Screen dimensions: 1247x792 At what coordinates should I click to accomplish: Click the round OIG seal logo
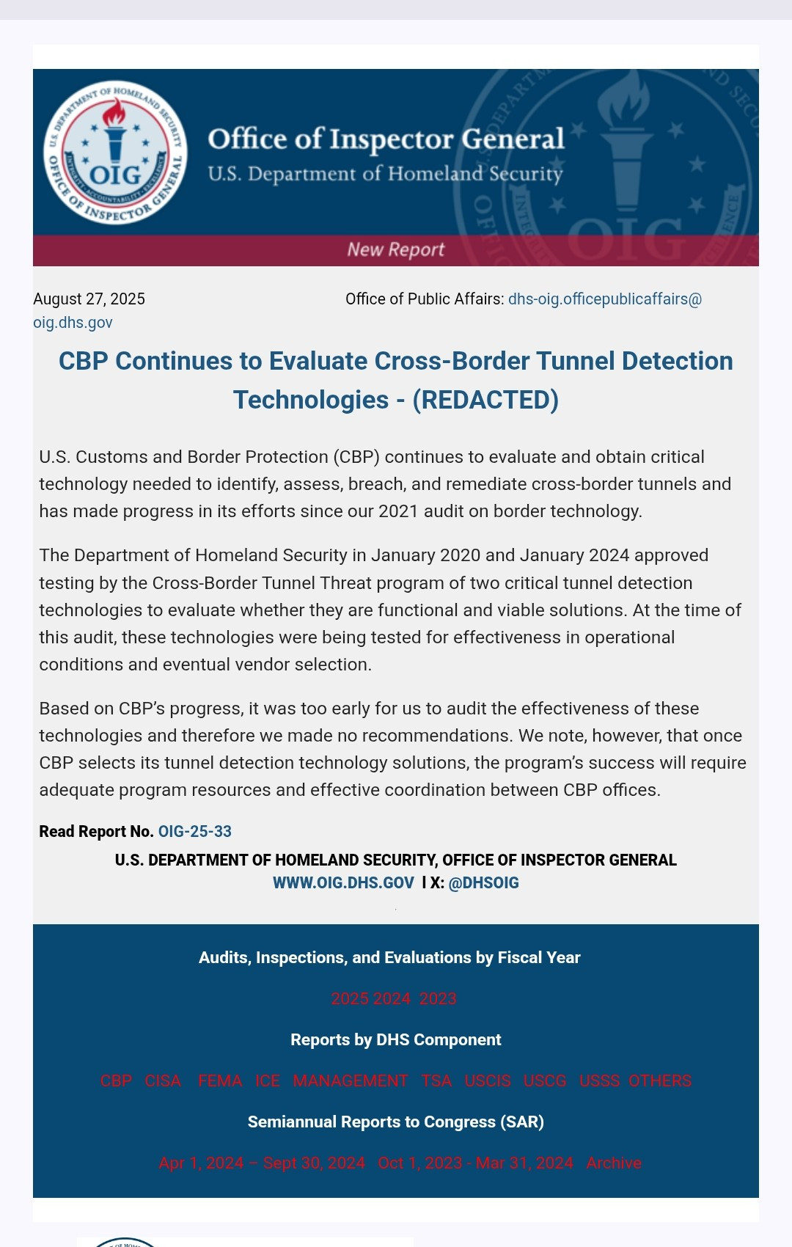coord(115,153)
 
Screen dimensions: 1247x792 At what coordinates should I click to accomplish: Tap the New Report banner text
coord(396,249)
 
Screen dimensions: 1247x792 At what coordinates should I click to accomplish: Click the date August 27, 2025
coord(89,299)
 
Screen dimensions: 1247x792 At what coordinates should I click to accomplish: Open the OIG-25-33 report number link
coord(195,831)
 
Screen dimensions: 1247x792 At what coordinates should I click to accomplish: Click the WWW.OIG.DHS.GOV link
coord(343,882)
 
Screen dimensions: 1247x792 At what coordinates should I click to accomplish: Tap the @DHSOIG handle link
coord(483,882)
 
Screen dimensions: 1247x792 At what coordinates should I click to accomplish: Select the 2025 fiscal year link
coord(350,998)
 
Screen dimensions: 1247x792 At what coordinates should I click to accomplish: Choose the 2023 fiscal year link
coord(438,998)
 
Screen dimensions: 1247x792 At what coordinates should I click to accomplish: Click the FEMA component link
coord(220,1080)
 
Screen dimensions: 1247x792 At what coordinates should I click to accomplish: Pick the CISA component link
coord(163,1080)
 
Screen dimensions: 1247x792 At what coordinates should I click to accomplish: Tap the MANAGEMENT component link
coord(351,1080)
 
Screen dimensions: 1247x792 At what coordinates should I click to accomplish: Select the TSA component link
coord(436,1080)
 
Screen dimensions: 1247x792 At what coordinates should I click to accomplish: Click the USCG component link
coord(545,1080)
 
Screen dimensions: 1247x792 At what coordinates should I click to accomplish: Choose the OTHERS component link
coord(660,1080)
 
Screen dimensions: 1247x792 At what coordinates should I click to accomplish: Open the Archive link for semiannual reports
coord(614,1163)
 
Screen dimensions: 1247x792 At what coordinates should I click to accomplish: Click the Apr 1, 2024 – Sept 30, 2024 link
coord(262,1163)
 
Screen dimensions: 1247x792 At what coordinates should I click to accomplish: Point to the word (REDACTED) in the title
coord(485,400)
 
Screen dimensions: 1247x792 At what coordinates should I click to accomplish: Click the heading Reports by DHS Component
coord(396,1039)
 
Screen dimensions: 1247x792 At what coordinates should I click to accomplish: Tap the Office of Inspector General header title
coord(386,139)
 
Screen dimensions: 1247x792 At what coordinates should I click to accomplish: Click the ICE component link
coord(268,1080)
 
